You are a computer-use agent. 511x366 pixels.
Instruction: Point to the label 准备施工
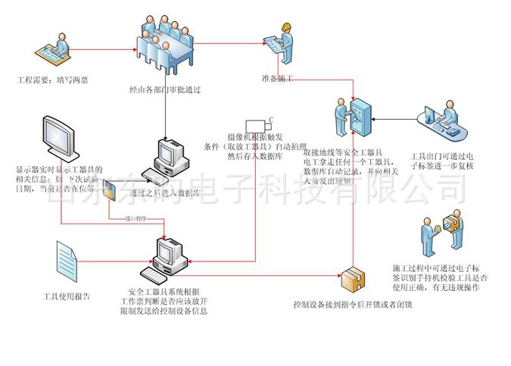[277, 78]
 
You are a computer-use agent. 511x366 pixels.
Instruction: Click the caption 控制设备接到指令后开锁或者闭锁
[353, 305]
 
